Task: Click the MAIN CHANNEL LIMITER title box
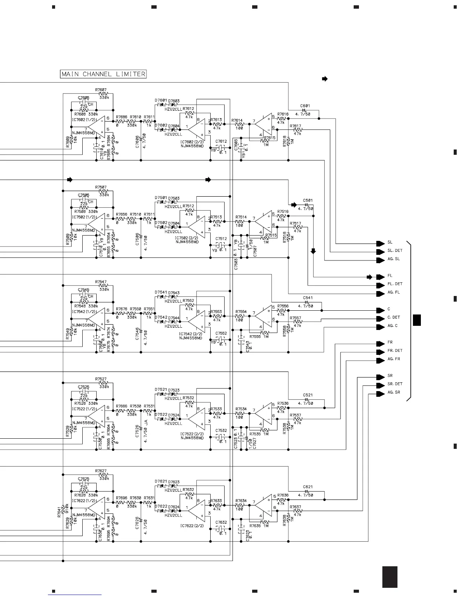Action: pyautogui.click(x=103, y=74)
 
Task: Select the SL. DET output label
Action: pyautogui.click(x=395, y=251)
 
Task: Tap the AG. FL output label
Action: pyautogui.click(x=394, y=293)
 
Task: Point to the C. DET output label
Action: pyautogui.click(x=394, y=317)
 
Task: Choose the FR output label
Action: pyautogui.click(x=390, y=343)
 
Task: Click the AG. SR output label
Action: pyautogui.click(x=394, y=393)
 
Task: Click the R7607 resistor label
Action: pyautogui.click(x=101, y=90)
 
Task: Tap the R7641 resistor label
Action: pyautogui.click(x=59, y=512)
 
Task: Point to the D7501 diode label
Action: pyautogui.click(x=161, y=197)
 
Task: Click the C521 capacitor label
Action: pyautogui.click(x=308, y=395)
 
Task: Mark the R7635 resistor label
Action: pyautogui.click(x=256, y=526)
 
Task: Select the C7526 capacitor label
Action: pyautogui.click(x=137, y=430)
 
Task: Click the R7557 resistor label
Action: pyautogui.click(x=296, y=318)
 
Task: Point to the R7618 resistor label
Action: pyautogui.click(x=285, y=140)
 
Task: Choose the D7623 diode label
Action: pyautogui.click(x=174, y=482)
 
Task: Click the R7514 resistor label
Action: pyautogui.click(x=241, y=217)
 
